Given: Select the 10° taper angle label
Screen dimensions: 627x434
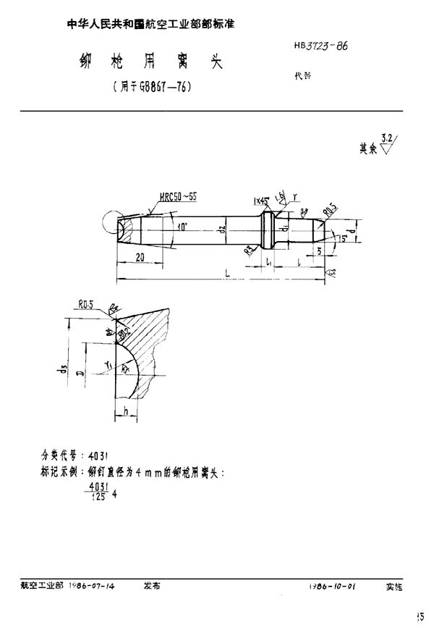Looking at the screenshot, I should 181,227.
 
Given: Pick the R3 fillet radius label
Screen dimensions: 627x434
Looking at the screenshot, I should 248,251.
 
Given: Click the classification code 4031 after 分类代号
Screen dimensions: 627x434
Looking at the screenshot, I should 98,456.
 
